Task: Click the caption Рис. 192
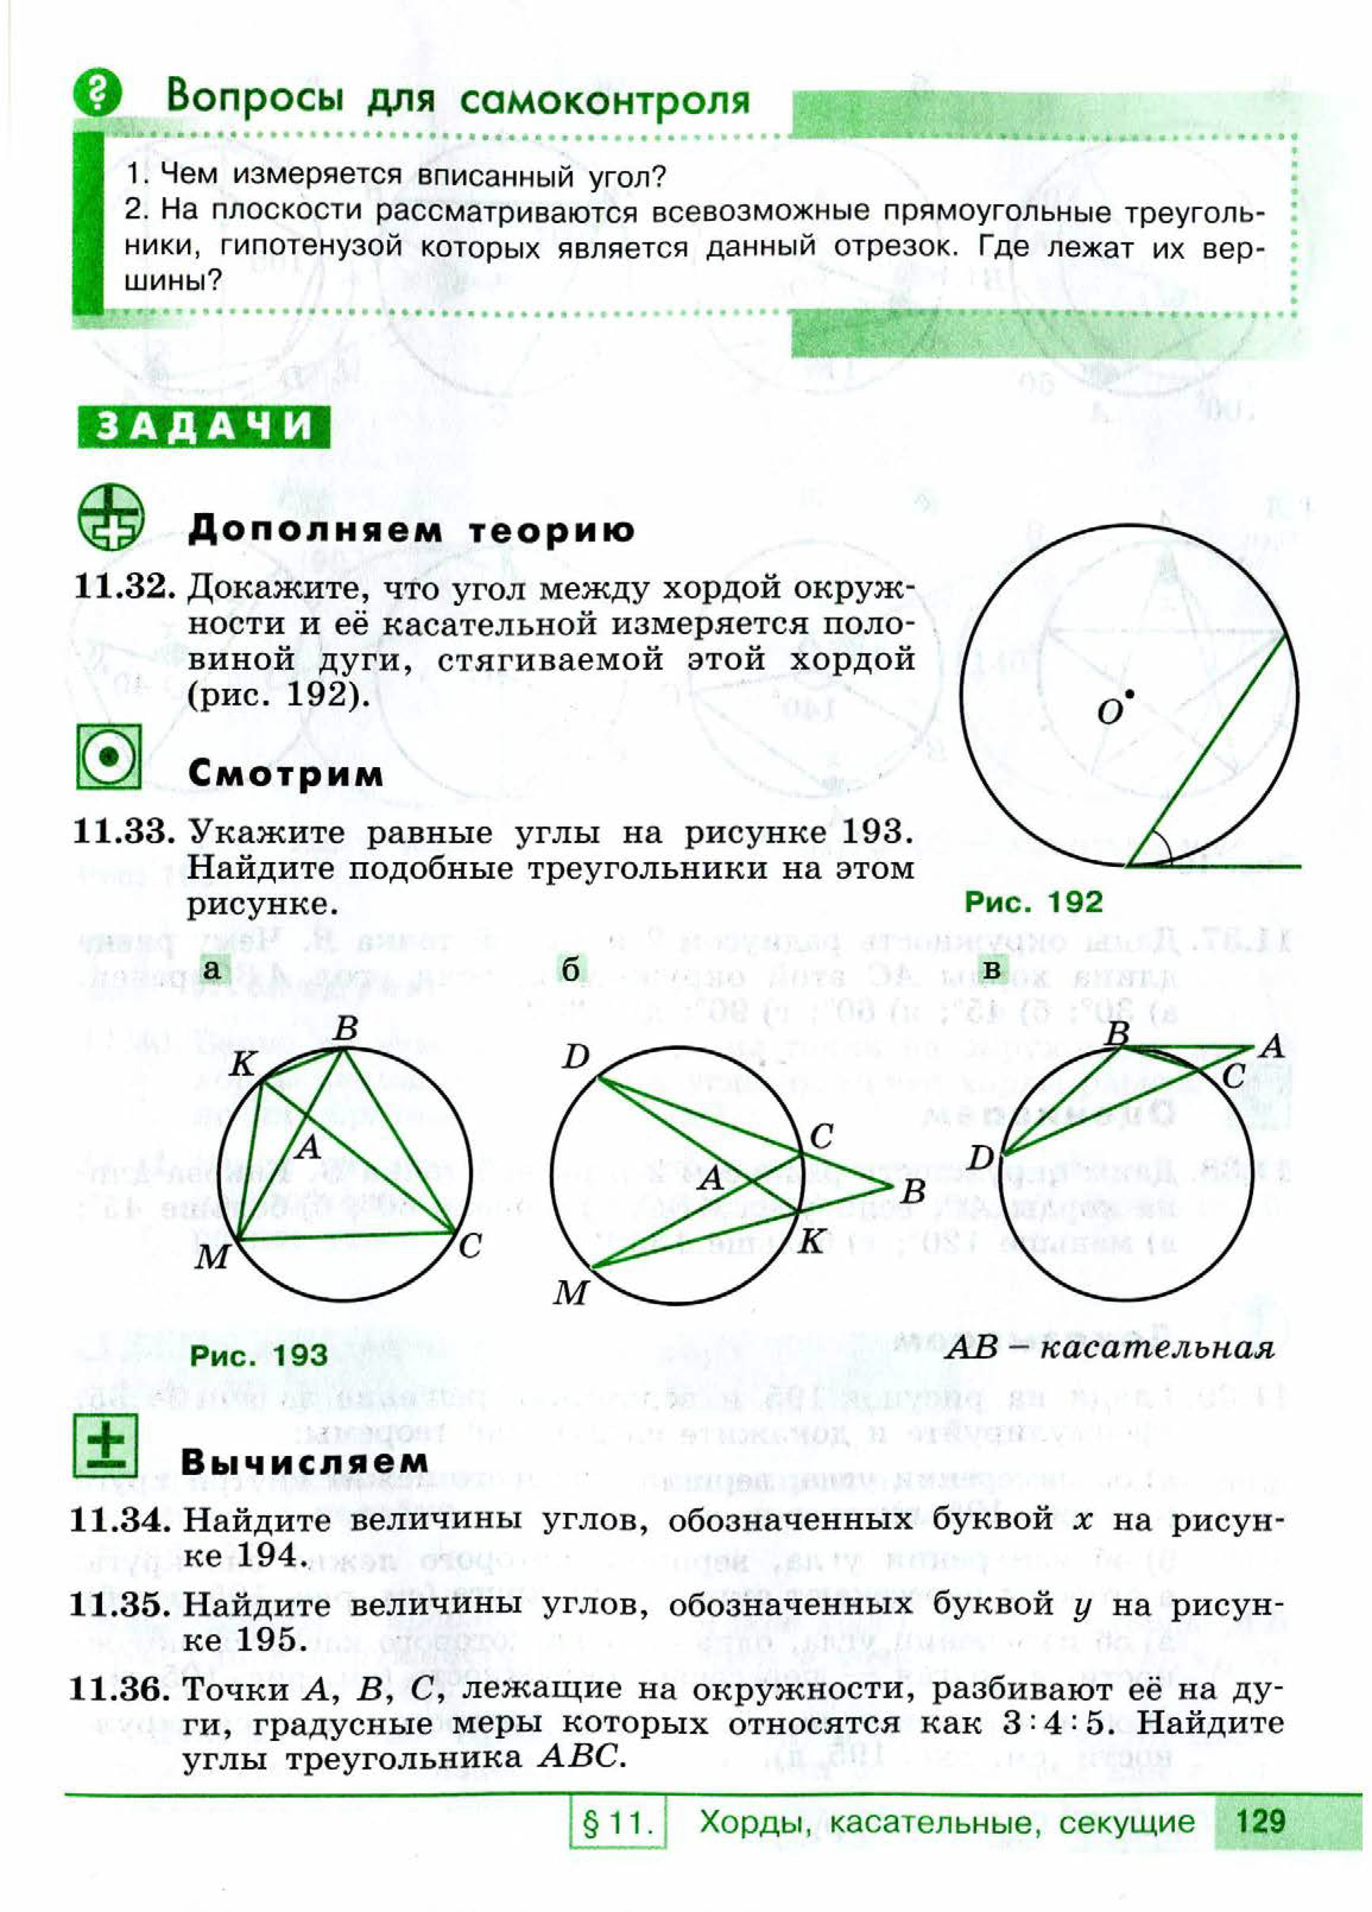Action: [1033, 902]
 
